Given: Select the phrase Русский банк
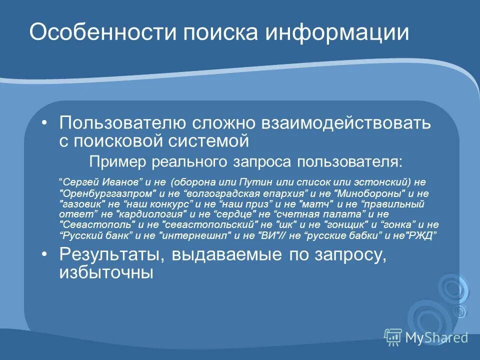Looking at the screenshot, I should [88, 235].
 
